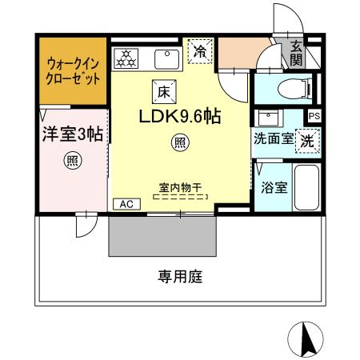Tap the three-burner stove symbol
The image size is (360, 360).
point(126,58)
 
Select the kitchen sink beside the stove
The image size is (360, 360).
point(166,58)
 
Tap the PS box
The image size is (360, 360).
point(314,115)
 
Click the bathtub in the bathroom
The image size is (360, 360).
point(307,187)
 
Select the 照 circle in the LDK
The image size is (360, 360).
point(180,143)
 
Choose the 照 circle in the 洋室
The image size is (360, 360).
point(72,161)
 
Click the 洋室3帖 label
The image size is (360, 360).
point(73,134)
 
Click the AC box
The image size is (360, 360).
point(126,204)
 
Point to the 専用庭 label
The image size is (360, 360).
point(180,277)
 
